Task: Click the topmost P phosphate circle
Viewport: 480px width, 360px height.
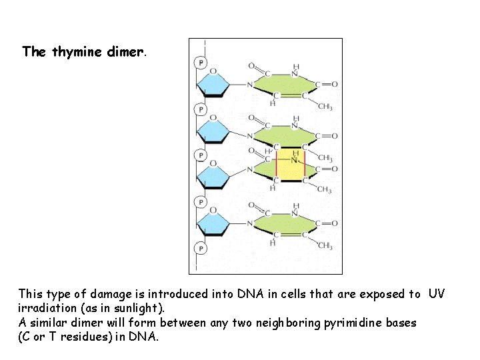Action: [x=200, y=63]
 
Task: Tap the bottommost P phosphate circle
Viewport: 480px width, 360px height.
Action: [x=200, y=248]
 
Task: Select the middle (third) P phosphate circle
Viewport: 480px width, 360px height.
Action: [x=200, y=155]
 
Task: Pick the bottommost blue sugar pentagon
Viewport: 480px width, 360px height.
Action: [x=213, y=223]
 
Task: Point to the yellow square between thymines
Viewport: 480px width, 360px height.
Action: [x=291, y=165]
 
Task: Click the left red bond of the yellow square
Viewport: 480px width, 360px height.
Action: [x=277, y=165]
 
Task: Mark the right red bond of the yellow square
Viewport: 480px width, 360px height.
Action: [x=305, y=165]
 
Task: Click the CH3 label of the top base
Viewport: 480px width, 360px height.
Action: [x=325, y=107]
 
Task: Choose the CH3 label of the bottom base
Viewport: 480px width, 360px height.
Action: [x=325, y=246]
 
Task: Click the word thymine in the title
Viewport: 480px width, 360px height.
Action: [x=77, y=52]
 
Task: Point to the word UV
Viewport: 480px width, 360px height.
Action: [x=437, y=294]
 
